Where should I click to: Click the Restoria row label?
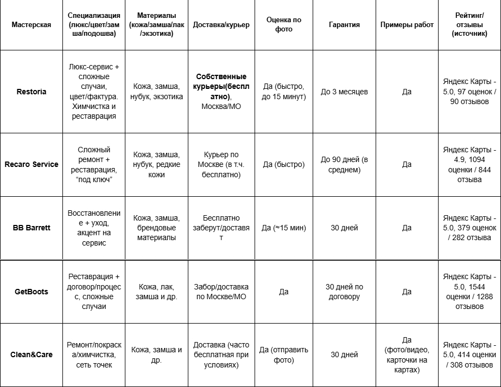point(31,92)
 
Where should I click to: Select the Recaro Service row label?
point(31,164)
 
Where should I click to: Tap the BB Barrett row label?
point(31,228)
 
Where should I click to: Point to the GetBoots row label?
point(31,292)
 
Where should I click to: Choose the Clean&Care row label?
point(31,355)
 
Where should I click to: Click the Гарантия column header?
point(344,25)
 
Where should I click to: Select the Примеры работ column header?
point(407,25)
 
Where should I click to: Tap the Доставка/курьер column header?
point(221,25)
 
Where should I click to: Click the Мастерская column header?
point(31,25)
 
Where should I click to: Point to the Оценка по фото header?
point(283,24)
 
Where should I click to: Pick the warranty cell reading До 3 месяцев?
point(344,92)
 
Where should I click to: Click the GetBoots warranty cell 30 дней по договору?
point(344,292)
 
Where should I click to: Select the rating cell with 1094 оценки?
point(469,164)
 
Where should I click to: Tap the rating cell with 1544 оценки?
point(469,292)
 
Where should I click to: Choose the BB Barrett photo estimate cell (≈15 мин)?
point(283,228)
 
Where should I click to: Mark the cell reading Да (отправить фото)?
point(283,355)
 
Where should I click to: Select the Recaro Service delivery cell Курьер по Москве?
point(221,164)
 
